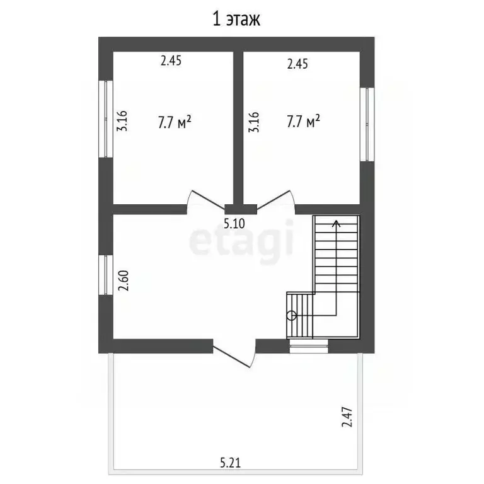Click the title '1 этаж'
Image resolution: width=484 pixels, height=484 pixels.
(236, 19)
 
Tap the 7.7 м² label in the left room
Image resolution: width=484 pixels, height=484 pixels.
(175, 122)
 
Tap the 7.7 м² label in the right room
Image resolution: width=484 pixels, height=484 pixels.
(303, 121)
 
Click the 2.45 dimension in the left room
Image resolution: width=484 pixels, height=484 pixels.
(171, 60)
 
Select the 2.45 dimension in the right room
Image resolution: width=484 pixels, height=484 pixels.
(297, 64)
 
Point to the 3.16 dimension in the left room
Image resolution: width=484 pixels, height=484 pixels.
(122, 121)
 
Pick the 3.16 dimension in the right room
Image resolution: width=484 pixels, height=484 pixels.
(254, 122)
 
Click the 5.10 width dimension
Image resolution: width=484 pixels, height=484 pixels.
(234, 224)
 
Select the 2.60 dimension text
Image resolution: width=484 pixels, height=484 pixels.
(124, 280)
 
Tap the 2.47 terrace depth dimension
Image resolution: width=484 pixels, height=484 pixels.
(347, 417)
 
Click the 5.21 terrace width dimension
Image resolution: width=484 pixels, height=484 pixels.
(230, 463)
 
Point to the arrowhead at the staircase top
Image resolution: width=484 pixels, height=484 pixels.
(336, 224)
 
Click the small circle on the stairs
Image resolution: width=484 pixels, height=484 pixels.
(291, 316)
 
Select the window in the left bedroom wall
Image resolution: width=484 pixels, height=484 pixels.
(106, 119)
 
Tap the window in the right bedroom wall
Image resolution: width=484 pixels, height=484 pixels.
(367, 124)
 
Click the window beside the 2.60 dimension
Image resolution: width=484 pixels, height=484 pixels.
(106, 275)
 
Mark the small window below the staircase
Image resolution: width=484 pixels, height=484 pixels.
(309, 346)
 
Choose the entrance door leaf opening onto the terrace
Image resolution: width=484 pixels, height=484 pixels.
(231, 357)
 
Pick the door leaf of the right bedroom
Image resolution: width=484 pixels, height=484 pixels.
(274, 200)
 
